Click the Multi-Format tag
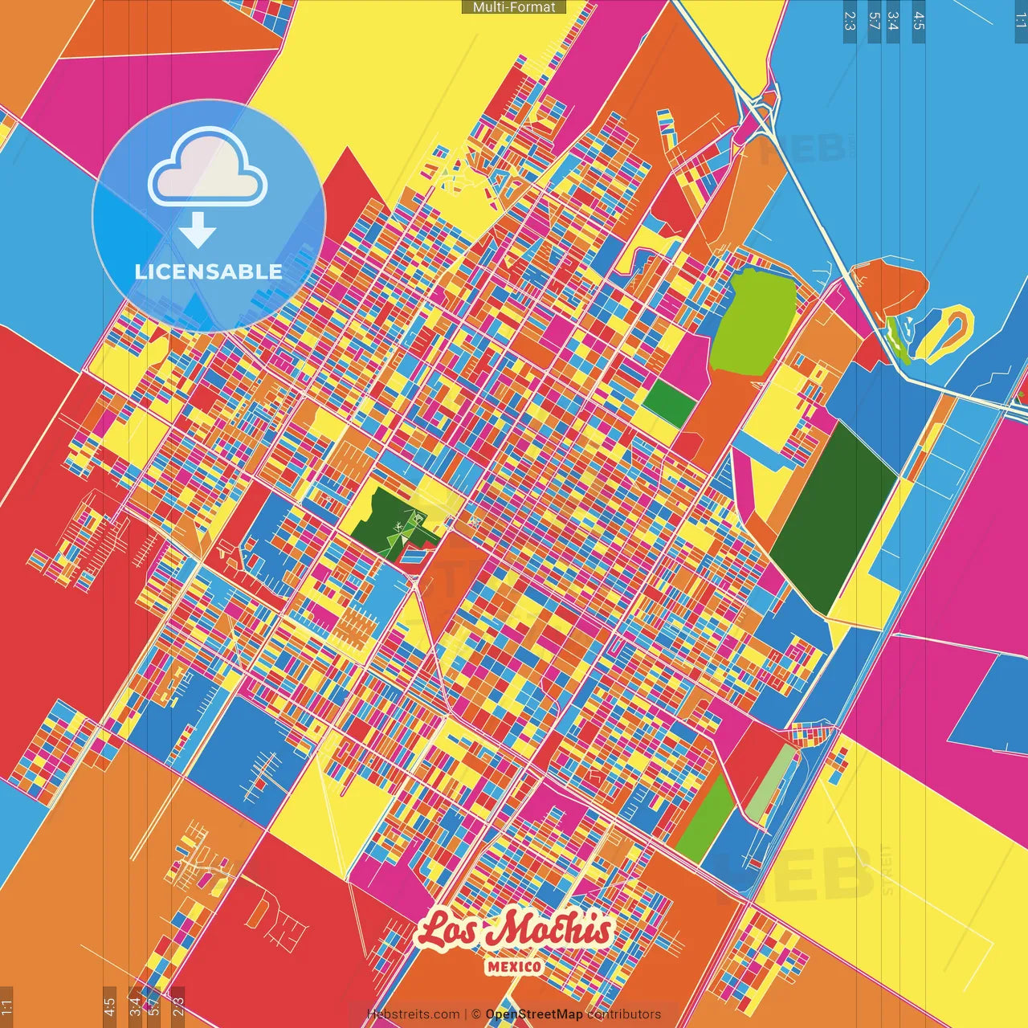point(514,7)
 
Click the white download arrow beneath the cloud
point(198,231)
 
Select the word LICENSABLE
point(209,271)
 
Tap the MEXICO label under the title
point(514,966)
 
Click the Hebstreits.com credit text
point(413,1014)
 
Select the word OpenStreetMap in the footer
point(534,1014)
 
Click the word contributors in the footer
point(624,1014)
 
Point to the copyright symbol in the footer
point(475,1014)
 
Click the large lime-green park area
point(753,321)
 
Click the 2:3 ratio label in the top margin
point(850,21)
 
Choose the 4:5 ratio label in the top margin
point(919,21)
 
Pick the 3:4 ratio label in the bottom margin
point(135,1003)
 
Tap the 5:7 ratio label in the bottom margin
point(153,1003)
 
